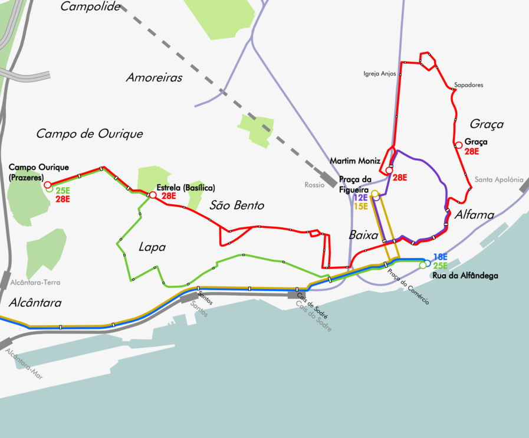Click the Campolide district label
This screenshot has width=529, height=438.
pyautogui.click(x=90, y=7)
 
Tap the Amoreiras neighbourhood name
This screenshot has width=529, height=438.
pyautogui.click(x=154, y=77)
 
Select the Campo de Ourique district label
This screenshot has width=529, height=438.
pyautogui.click(x=89, y=134)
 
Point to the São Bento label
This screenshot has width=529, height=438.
pyautogui.click(x=236, y=205)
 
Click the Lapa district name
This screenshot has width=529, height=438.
pyautogui.click(x=153, y=247)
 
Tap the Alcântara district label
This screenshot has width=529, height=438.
pyautogui.click(x=35, y=303)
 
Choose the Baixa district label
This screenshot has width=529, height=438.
pyautogui.click(x=363, y=235)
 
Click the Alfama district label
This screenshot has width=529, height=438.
pyautogui.click(x=474, y=215)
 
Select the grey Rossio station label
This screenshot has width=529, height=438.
pyautogui.click(x=314, y=185)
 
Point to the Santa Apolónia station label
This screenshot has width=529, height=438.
pyautogui.click(x=499, y=179)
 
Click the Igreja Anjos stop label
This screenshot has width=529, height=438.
pyautogui.click(x=380, y=74)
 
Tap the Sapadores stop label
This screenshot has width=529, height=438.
pyautogui.click(x=468, y=85)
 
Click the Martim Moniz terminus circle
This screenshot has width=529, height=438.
pyautogui.click(x=389, y=171)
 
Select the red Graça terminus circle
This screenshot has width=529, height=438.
pyautogui.click(x=458, y=145)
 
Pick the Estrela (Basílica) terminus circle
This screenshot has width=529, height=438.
pyautogui.click(x=153, y=195)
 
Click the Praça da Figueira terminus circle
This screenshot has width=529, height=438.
pyautogui.click(x=374, y=193)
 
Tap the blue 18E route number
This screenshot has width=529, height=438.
pyautogui.click(x=440, y=257)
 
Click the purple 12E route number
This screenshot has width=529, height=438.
pyautogui.click(x=361, y=197)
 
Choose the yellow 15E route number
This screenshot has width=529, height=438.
pyautogui.click(x=361, y=206)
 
